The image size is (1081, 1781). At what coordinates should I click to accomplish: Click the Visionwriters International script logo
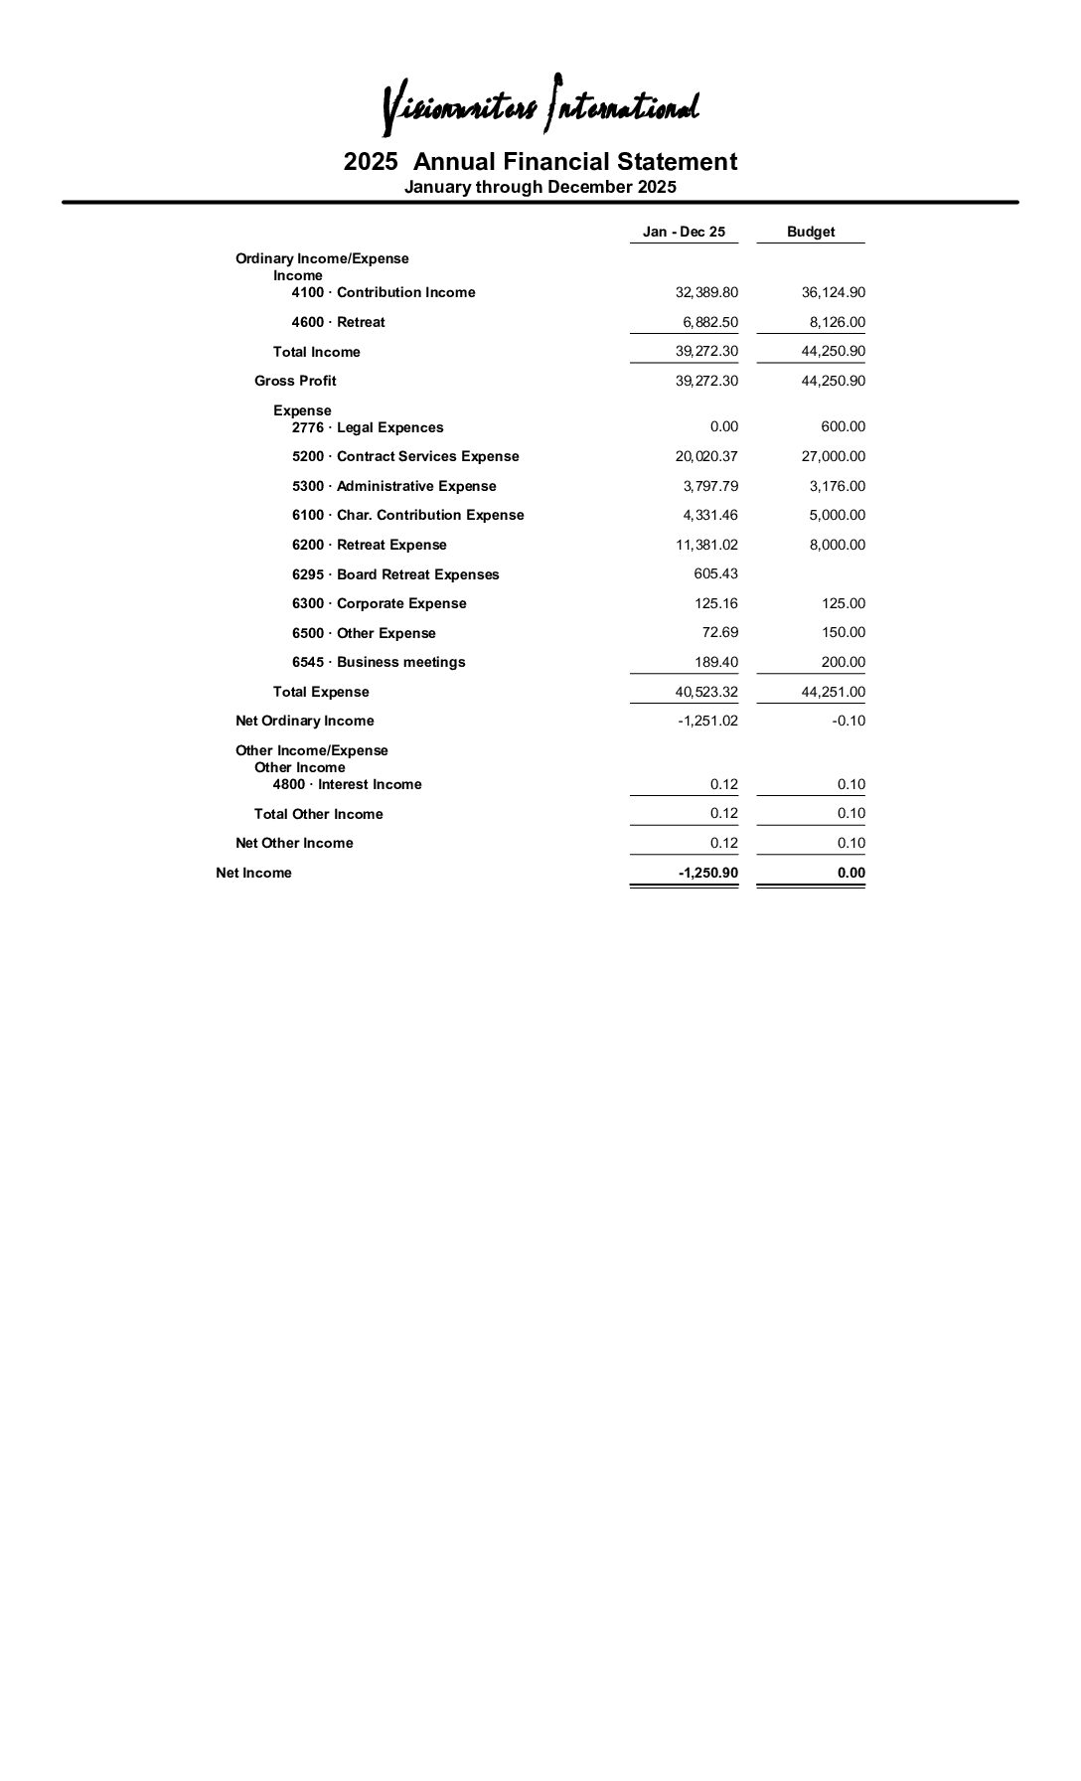pyautogui.click(x=540, y=105)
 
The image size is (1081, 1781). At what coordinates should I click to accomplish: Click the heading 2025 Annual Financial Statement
pyautogui.click(x=540, y=162)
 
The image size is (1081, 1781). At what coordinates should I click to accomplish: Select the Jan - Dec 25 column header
pyautogui.click(x=684, y=232)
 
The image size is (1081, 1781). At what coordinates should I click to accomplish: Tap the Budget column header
pyautogui.click(x=811, y=232)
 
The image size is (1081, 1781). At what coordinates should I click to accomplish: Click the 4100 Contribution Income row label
pyautogui.click(x=384, y=292)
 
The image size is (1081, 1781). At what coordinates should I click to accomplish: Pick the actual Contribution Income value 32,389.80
pyautogui.click(x=706, y=292)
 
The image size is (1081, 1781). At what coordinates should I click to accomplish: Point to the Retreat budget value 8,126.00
pyautogui.click(x=837, y=322)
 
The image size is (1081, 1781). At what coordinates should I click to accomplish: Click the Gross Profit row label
pyautogui.click(x=295, y=381)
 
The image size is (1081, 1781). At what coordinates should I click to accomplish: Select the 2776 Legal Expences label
pyautogui.click(x=368, y=427)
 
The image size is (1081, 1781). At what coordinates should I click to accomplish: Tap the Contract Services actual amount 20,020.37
pyautogui.click(x=706, y=456)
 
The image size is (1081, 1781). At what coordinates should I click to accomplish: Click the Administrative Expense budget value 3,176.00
pyautogui.click(x=837, y=486)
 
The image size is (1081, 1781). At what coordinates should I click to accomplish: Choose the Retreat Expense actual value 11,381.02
pyautogui.click(x=706, y=545)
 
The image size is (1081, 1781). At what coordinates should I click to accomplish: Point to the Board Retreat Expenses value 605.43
pyautogui.click(x=715, y=573)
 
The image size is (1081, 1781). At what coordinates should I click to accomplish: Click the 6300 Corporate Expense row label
pyautogui.click(x=379, y=603)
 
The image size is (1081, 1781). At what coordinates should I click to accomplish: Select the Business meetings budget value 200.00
pyautogui.click(x=843, y=662)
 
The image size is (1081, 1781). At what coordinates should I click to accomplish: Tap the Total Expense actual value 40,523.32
pyautogui.click(x=706, y=692)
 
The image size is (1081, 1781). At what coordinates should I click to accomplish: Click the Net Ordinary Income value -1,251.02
pyautogui.click(x=707, y=721)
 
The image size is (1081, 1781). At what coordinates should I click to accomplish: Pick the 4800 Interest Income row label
pyautogui.click(x=347, y=784)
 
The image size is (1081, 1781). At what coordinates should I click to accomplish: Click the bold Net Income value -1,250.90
pyautogui.click(x=707, y=873)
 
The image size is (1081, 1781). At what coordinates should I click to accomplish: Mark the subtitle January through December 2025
pyautogui.click(x=540, y=187)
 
